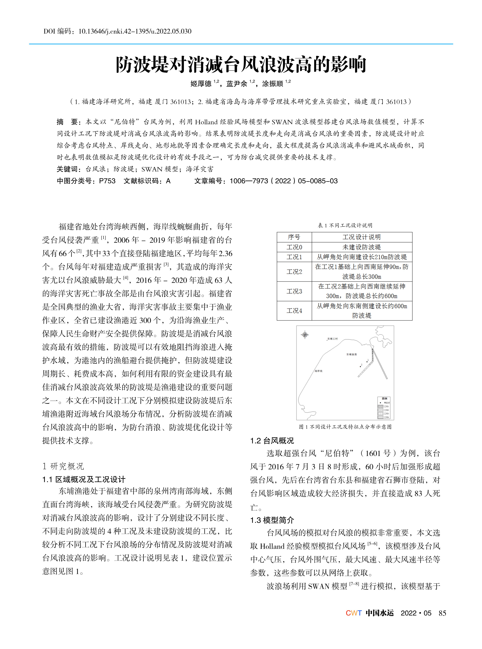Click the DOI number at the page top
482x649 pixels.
tap(135, 31)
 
